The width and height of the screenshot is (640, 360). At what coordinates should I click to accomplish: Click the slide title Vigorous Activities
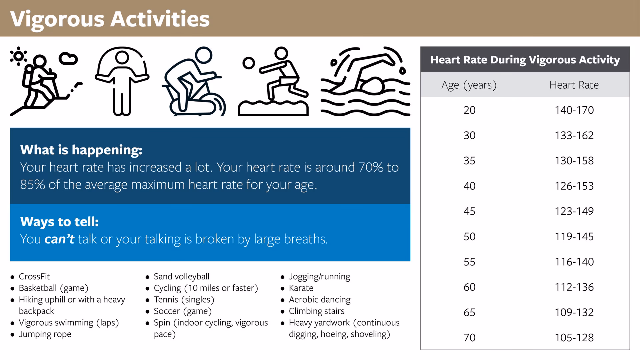pos(110,19)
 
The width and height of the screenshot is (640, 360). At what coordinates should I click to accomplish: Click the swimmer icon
pos(366,82)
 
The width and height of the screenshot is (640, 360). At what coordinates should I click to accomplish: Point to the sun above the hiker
pos(18,56)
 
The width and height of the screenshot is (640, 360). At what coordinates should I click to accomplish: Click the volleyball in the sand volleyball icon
pos(249,63)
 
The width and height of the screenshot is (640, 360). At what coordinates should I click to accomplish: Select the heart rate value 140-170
pos(574,110)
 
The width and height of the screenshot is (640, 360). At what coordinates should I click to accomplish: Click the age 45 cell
pos(469,211)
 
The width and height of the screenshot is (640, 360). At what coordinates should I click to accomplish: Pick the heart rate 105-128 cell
pos(574,338)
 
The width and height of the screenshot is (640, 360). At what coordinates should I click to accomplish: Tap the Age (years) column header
pos(469,85)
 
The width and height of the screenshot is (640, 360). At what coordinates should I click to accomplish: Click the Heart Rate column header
pos(574,85)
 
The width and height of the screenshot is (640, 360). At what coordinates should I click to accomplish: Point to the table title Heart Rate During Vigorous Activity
pos(525,60)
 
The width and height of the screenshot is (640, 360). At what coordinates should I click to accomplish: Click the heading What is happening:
pos(81,150)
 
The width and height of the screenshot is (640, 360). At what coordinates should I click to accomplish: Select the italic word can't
pos(59,239)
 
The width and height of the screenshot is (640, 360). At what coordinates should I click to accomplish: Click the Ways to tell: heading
pos(59,222)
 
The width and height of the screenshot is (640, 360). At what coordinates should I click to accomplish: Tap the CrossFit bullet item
pos(34,277)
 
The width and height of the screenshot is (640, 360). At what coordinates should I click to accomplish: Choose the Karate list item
pos(301,288)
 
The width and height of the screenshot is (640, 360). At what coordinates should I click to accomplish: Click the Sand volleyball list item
pos(181,277)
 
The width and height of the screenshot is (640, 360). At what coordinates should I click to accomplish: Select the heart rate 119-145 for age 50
pos(574,237)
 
